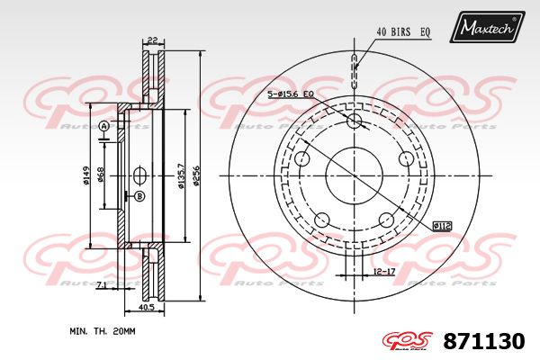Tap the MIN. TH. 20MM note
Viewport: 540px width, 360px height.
click(102, 332)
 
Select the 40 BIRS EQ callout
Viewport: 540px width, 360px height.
click(402, 31)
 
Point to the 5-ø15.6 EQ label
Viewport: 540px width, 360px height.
click(290, 94)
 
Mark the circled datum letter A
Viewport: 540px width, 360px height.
click(103, 126)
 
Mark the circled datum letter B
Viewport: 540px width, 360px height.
click(139, 196)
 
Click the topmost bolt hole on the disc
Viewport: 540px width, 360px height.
click(354, 121)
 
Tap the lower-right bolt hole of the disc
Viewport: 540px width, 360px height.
click(386, 219)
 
